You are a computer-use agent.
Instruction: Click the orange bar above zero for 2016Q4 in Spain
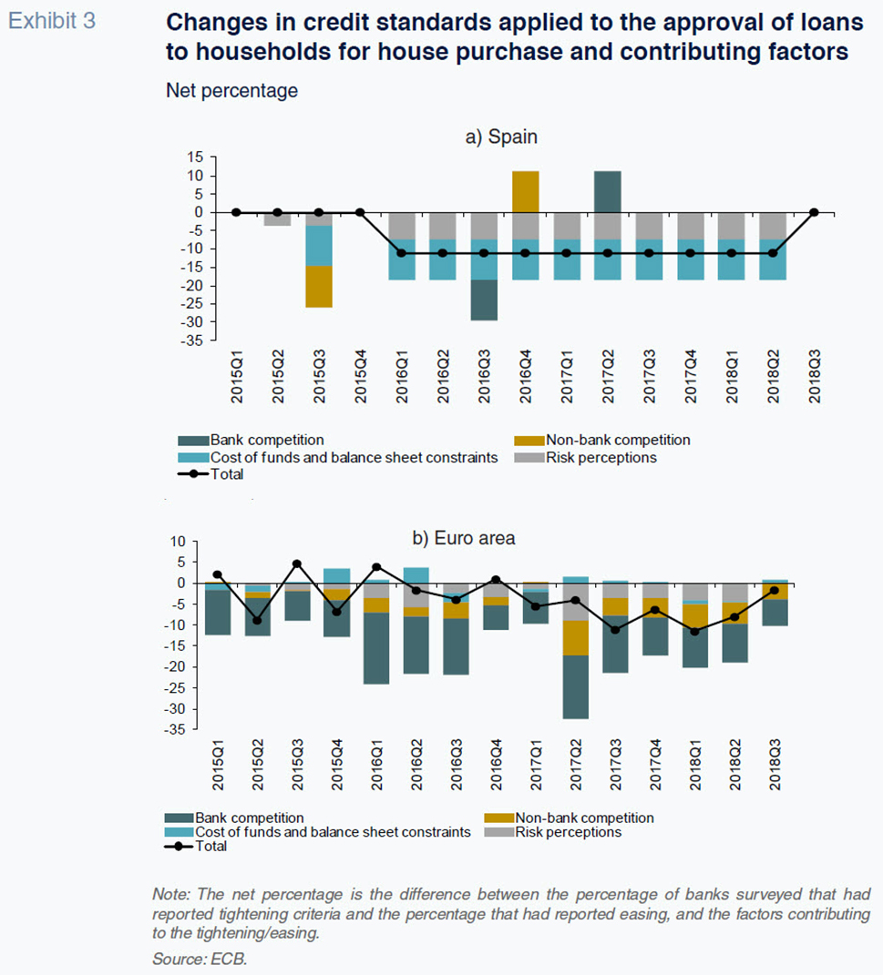525,191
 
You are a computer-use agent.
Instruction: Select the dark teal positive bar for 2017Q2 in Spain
607,191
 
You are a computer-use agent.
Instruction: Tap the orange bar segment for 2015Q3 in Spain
319,287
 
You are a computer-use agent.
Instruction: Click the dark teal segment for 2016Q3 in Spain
484,300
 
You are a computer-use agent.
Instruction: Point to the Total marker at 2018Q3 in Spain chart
814,213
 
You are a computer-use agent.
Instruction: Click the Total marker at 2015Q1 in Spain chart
236,213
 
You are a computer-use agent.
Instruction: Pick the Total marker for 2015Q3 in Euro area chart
297,564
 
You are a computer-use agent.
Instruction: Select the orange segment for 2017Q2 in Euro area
576,638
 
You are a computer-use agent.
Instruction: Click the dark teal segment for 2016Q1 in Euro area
376,648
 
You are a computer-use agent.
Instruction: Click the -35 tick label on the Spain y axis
191,340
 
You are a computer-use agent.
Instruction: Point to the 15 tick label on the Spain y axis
195,157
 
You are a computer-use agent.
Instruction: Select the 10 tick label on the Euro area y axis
178,542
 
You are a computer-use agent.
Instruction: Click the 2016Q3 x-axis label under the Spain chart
484,376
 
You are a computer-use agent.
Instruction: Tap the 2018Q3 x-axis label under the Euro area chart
775,765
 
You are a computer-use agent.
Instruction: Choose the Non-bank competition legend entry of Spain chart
601,441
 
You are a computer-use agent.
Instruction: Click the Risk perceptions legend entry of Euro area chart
552,832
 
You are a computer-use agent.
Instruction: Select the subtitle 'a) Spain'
501,137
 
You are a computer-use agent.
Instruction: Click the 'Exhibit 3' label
52,21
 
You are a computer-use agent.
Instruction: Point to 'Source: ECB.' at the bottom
200,959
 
